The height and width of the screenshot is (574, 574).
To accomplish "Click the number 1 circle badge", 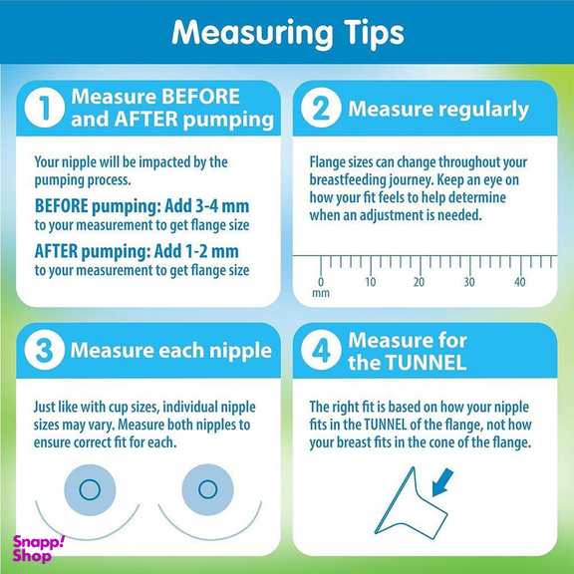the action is (x=44, y=108).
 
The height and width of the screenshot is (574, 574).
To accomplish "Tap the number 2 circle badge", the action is (x=321, y=108).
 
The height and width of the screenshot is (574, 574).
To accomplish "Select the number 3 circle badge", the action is (x=44, y=350).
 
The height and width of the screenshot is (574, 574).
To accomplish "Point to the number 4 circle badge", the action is (x=321, y=350).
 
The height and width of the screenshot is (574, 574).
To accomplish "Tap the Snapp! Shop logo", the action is (x=38, y=548).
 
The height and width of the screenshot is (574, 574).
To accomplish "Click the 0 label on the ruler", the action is (x=321, y=282).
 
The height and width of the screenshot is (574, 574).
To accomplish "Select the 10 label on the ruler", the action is (x=371, y=282).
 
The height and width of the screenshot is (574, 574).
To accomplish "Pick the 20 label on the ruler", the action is (x=420, y=282).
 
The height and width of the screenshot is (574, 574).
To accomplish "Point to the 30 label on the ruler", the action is (x=469, y=282).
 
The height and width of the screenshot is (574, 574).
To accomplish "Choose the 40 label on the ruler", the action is (x=519, y=282).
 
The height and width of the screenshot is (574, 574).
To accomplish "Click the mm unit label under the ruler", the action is (x=321, y=294).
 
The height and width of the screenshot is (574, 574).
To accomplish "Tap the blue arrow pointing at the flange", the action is (x=442, y=483).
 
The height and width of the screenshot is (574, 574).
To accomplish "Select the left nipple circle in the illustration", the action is (x=90, y=489).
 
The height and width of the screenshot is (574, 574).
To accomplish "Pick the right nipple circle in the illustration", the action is (x=207, y=489).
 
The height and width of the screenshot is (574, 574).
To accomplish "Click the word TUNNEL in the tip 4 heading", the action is (x=427, y=363).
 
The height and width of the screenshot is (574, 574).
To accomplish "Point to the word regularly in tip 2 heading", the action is (x=484, y=110).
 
